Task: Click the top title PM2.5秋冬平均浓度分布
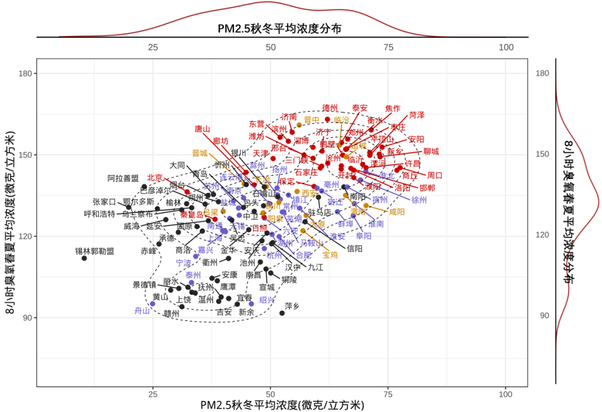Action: tap(279, 28)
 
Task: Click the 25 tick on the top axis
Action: tap(153, 47)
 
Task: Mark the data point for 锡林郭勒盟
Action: tap(84, 258)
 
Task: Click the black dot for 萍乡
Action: tap(282, 313)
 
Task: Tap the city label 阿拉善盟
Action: tap(123, 179)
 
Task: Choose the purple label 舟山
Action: tap(142, 311)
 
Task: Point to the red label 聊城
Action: tap(431, 152)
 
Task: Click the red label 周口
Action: tap(435, 175)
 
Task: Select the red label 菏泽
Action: tap(416, 115)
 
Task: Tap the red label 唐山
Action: tap(202, 129)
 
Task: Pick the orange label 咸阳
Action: tap(397, 212)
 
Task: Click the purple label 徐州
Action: tap(419, 200)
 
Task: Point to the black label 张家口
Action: tap(104, 202)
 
